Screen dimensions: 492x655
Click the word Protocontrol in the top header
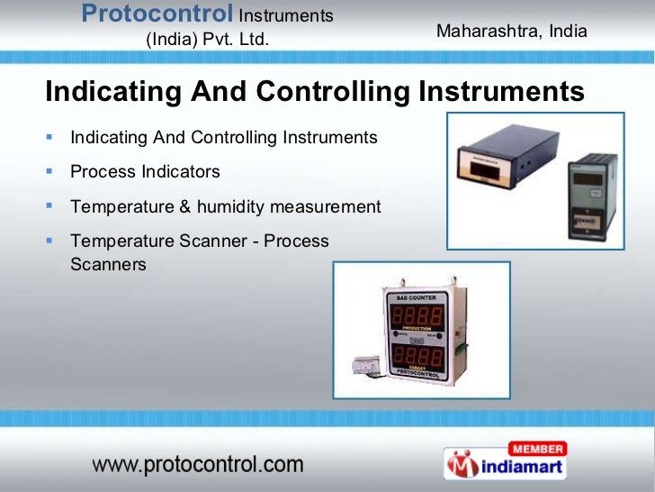tap(157, 14)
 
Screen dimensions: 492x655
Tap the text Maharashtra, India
tap(511, 32)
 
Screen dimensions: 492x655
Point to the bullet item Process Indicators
tap(145, 172)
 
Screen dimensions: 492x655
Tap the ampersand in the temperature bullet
tap(184, 207)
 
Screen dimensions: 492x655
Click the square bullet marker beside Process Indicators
tap(50, 171)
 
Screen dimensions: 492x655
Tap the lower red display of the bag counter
tap(415, 351)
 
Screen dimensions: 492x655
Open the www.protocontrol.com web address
tap(198, 465)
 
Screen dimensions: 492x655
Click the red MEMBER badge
tap(537, 449)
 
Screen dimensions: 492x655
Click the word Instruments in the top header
tap(286, 15)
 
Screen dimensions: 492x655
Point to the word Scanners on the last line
tap(108, 265)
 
